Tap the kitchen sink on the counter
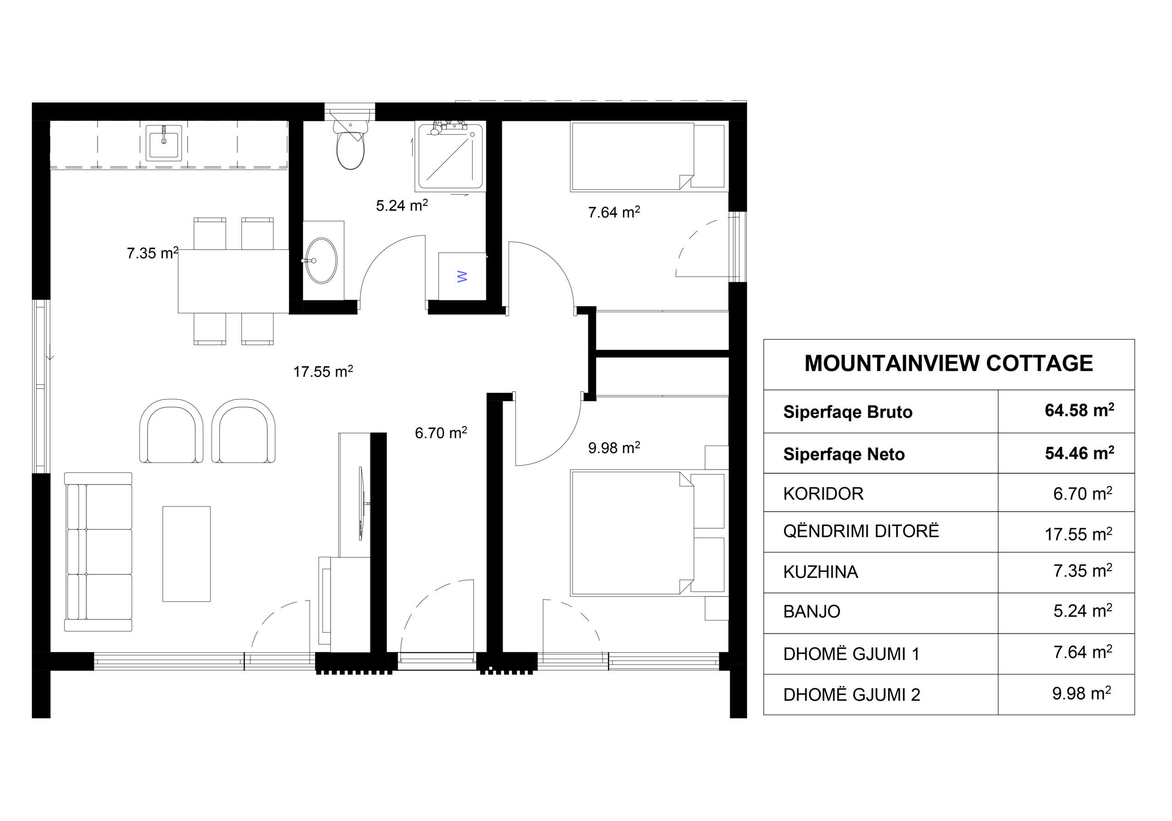(x=163, y=143)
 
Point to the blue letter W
(x=462, y=276)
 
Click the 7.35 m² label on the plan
(x=152, y=253)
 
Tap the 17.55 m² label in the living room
(x=323, y=371)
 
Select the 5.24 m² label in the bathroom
(x=402, y=205)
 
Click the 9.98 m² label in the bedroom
(x=614, y=448)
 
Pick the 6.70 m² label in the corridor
(x=441, y=433)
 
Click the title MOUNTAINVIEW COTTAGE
(x=949, y=363)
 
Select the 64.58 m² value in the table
(x=1080, y=410)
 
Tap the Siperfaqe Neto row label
(x=844, y=454)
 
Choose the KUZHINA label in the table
(x=821, y=572)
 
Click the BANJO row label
(x=812, y=611)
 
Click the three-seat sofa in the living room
(x=98, y=551)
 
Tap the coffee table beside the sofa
(x=186, y=554)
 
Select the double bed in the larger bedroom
(x=648, y=533)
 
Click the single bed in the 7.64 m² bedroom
(x=648, y=157)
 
